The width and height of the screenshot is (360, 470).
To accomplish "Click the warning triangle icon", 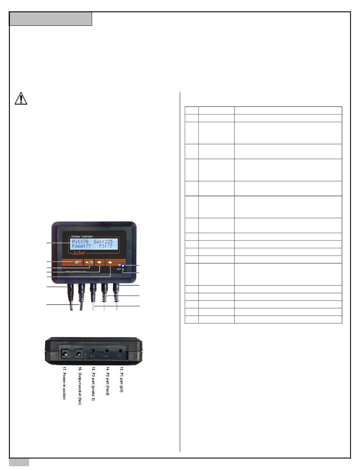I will click(x=21, y=98).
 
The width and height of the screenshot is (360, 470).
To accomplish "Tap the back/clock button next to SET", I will click(x=89, y=262).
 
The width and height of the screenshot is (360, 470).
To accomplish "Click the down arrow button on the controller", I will click(x=100, y=262).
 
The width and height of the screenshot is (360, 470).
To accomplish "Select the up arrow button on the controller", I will click(x=110, y=262).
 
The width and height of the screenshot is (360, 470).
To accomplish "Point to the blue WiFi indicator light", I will click(x=123, y=265).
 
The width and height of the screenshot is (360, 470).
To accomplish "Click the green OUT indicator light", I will click(x=123, y=270).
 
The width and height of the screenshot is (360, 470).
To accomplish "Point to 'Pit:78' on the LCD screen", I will click(x=80, y=241).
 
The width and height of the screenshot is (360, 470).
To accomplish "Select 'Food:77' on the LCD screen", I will click(x=82, y=246).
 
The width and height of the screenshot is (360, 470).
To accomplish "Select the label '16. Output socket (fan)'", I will click(x=80, y=384).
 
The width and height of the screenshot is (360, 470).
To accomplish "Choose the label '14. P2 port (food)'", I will click(x=107, y=380).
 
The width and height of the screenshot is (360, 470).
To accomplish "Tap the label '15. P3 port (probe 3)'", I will click(x=93, y=383).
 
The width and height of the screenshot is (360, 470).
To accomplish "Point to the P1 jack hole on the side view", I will click(x=121, y=351).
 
